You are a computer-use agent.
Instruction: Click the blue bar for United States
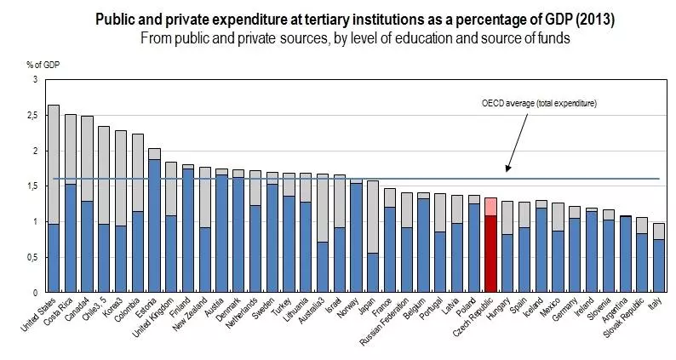pyautogui.click(x=53, y=258)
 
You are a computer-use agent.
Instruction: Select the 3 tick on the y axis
pyautogui.click(x=35, y=79)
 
